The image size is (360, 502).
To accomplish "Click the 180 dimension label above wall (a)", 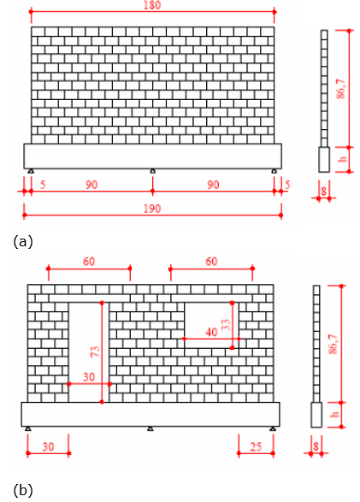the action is coord(152,5).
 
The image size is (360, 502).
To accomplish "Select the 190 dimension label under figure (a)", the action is coord(152,209).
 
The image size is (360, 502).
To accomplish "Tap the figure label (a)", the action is coord(23,241).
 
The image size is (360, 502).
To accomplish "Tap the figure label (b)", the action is coord(23,490).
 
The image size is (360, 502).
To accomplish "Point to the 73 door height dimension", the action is coord(96,351).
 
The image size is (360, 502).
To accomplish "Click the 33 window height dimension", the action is coord(226,325).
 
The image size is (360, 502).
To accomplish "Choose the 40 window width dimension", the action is coord(211,333).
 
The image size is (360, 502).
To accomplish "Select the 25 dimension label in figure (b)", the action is coord(256,446).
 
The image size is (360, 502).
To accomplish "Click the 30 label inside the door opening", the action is coord(89,377).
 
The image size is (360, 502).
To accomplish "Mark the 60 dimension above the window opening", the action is coord(211,262).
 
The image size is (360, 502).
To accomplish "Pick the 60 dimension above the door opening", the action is coord(89,262).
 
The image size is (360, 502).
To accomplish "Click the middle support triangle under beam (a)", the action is coord(153,171).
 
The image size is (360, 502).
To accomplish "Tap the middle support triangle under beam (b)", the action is coord(150,428).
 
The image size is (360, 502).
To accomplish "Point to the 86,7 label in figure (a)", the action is coord(341,89).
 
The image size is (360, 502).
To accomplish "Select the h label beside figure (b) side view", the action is coord(334,414).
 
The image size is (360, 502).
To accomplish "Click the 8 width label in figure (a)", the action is coord(324,191).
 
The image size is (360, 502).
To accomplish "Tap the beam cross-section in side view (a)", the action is coord(324,159).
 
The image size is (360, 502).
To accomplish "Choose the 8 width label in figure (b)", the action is coord(316,446).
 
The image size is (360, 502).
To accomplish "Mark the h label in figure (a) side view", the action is coord(343,159).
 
